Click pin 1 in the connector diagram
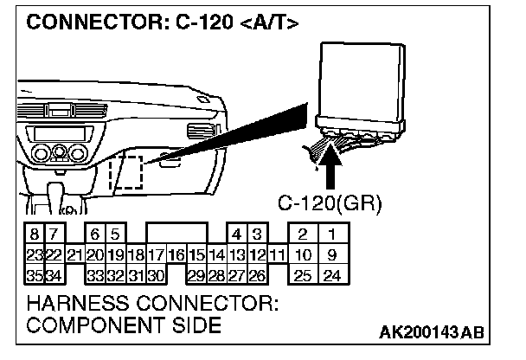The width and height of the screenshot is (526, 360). coord(330,235)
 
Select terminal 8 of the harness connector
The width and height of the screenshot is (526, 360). coord(33,235)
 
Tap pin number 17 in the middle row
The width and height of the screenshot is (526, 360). coord(156,254)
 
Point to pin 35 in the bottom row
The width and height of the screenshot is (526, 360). coord(33,275)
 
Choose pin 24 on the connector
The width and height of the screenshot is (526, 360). coord(330,275)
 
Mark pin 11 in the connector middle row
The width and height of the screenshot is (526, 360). coord(277,254)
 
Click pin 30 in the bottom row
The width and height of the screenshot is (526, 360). coord(156,275)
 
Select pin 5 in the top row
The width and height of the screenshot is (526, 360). coord(114,235)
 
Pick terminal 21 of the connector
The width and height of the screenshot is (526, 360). coord(74,254)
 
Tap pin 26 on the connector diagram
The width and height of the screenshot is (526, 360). coord(257,275)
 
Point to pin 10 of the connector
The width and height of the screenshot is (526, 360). coord(303,254)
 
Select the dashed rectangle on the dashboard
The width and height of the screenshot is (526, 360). coord(126,170)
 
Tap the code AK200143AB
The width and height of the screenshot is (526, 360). coord(430,333)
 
